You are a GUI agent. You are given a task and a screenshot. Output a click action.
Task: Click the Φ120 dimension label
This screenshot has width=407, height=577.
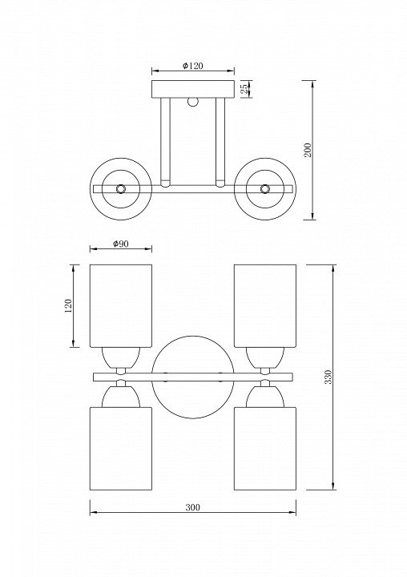[193, 66]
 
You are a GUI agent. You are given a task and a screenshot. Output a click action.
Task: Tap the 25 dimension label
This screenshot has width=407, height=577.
[244, 89]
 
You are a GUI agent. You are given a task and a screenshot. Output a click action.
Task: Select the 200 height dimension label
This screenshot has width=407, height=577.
[308, 150]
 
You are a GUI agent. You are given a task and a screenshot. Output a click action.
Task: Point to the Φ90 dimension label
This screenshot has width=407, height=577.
[121, 244]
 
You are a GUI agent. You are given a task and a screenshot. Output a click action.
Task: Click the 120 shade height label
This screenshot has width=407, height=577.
[69, 306]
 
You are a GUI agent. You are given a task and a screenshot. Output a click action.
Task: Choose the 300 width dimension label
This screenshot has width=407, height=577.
[192, 507]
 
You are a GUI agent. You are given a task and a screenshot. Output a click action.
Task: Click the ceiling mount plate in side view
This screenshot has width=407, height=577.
[193, 89]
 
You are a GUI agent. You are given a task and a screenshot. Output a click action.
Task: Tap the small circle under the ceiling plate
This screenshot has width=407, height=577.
[193, 102]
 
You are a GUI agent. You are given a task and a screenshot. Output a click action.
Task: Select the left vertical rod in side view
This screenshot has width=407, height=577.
[165, 142]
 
